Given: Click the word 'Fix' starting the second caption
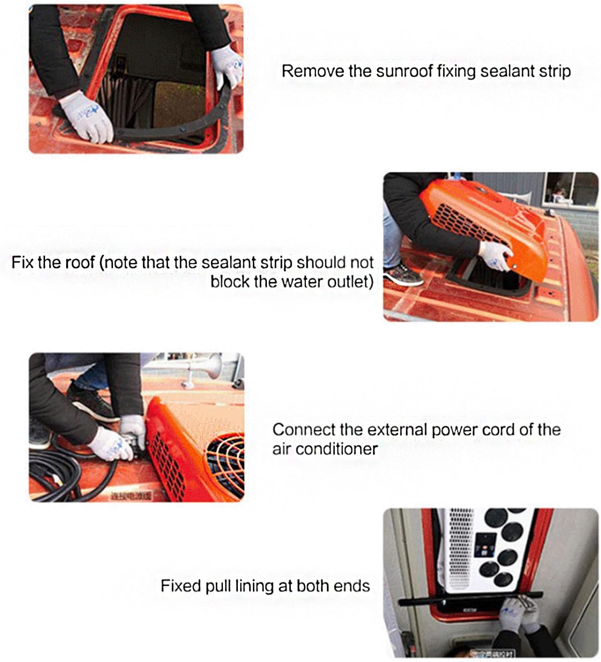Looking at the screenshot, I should tap(22, 263).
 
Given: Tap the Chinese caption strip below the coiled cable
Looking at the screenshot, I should tap(131, 496).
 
